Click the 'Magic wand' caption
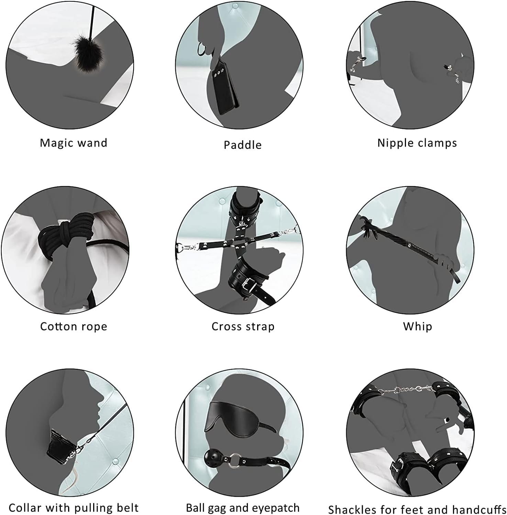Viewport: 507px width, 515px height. tap(74, 143)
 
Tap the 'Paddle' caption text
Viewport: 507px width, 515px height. tap(243, 145)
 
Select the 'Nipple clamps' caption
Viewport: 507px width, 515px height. tap(417, 143)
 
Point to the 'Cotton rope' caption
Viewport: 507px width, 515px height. tap(74, 326)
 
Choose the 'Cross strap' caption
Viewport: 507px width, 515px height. tap(243, 326)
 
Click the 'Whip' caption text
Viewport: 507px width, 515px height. tap(417, 327)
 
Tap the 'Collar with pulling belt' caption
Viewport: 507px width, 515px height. tap(74, 508)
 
